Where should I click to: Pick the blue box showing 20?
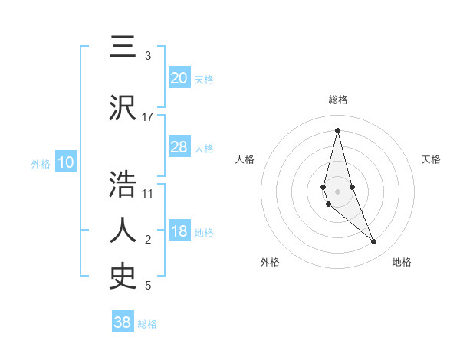click(x=179, y=78)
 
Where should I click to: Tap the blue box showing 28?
click(x=179, y=147)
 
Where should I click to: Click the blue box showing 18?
click(x=179, y=232)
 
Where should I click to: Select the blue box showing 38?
click(x=123, y=322)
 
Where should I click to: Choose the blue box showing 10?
click(x=66, y=162)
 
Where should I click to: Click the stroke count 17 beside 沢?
click(x=148, y=116)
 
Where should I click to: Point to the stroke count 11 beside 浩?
click(x=148, y=193)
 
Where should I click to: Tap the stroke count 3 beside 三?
click(x=148, y=56)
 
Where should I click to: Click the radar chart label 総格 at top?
click(x=338, y=100)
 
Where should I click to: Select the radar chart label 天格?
click(x=431, y=159)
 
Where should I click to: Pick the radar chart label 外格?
click(x=270, y=262)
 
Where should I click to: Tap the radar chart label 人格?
click(x=245, y=159)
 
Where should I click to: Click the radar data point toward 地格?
click(x=374, y=242)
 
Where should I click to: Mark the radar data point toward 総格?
click(x=337, y=130)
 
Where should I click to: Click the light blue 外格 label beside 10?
click(x=40, y=163)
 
